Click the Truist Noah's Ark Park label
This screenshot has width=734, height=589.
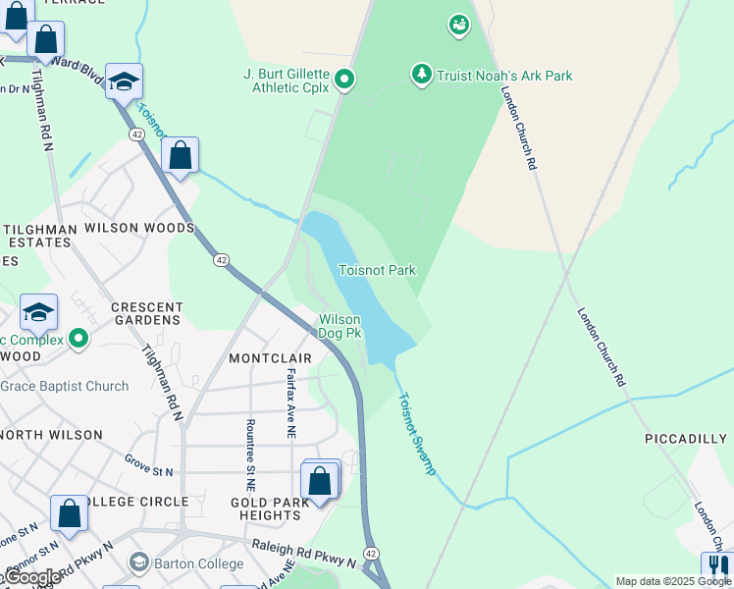click(x=504, y=76)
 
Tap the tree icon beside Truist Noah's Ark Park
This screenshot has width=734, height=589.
click(x=422, y=75)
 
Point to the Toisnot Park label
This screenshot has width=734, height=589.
click(x=377, y=270)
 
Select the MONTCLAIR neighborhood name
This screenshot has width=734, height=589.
click(x=270, y=358)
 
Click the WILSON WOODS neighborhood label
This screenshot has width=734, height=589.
click(x=139, y=228)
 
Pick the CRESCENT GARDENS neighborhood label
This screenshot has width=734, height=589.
click(x=147, y=313)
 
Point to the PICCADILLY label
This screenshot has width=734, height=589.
click(x=686, y=439)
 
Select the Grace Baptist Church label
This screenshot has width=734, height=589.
click(x=65, y=386)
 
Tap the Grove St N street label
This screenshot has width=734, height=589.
click(x=149, y=465)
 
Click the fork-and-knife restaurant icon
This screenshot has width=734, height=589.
click(x=717, y=566)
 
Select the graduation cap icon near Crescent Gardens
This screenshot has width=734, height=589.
click(x=38, y=312)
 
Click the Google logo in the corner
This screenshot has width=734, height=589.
click(x=33, y=577)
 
